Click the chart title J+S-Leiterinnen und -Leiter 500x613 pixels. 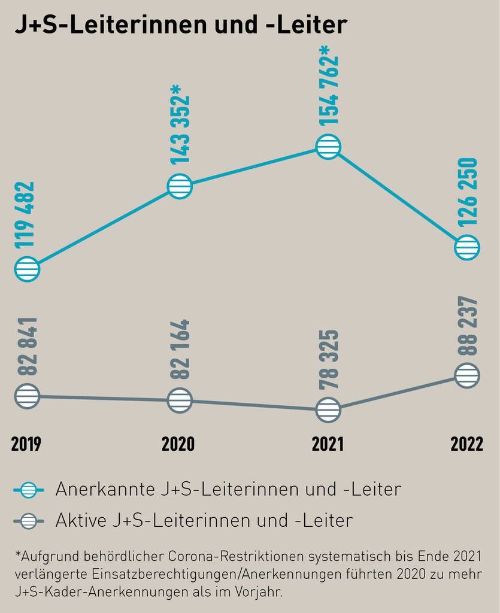pyautogui.click(x=180, y=25)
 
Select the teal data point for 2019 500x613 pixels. pyautogui.click(x=27, y=269)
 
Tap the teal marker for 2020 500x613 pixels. pyautogui.click(x=180, y=187)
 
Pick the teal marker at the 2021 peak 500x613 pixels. pyautogui.click(x=328, y=147)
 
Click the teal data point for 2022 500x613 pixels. pyautogui.click(x=467, y=247)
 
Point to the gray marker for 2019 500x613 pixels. pyautogui.click(x=27, y=396)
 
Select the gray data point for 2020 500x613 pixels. pyautogui.click(x=180, y=400)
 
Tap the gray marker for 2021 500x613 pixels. pyautogui.click(x=328, y=409)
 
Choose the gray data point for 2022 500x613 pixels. pyautogui.click(x=467, y=376)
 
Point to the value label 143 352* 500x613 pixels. pyautogui.click(x=180, y=125)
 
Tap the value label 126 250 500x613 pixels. pyautogui.click(x=467, y=192)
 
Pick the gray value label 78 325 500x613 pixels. pyautogui.click(x=328, y=359)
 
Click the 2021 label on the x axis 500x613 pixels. pyautogui.click(x=328, y=444)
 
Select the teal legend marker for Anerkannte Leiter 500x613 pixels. pyautogui.click(x=28, y=490)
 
